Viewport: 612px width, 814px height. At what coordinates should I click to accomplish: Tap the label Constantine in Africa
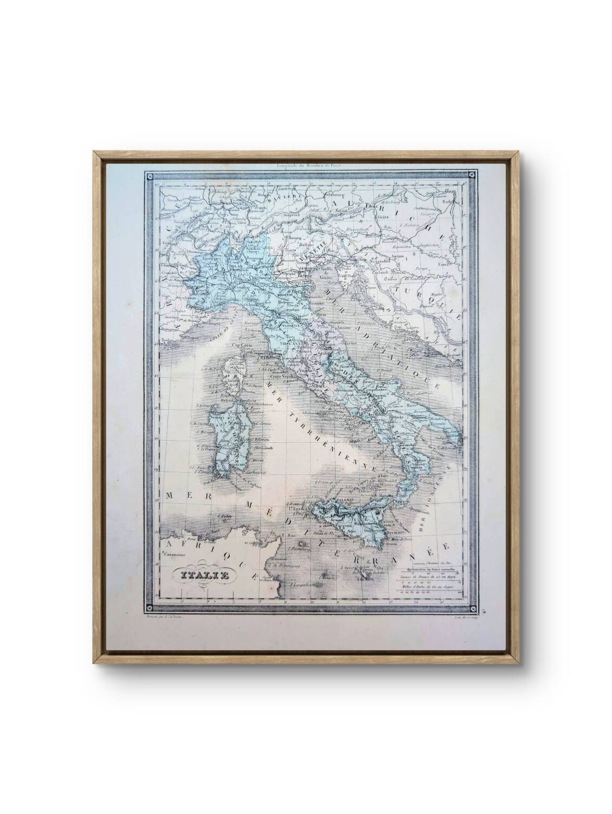pos(173,554)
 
